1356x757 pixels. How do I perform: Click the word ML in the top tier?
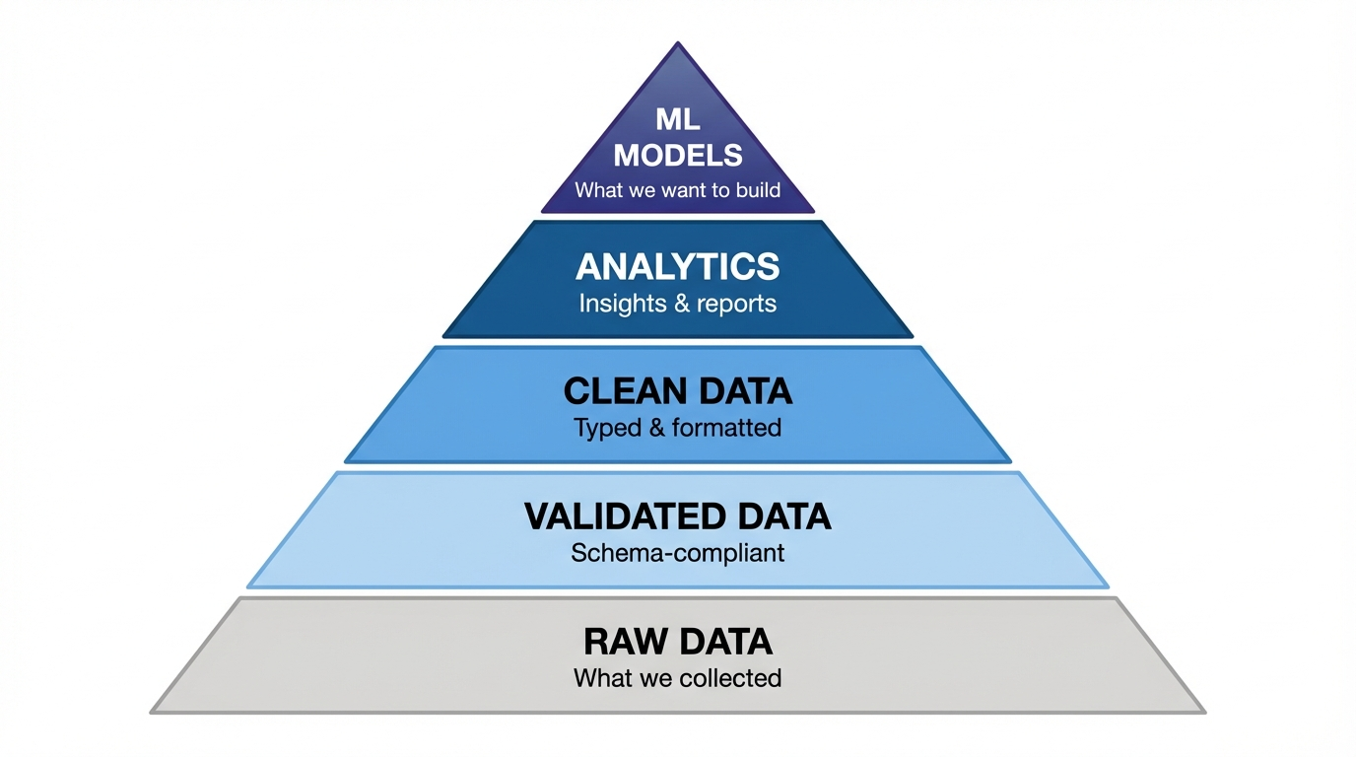point(677,120)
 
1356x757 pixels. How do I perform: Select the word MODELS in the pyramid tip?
point(677,155)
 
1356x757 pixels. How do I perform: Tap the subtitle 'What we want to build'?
point(677,190)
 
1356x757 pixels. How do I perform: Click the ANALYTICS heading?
point(677,267)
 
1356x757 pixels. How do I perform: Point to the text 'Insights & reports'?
point(677,304)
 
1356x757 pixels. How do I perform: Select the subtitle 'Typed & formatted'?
point(677,428)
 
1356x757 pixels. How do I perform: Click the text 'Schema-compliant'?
point(677,553)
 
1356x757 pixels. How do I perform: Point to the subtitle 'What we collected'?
point(677,678)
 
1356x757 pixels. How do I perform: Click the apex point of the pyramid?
point(678,43)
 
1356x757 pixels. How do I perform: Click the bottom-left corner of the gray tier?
point(153,712)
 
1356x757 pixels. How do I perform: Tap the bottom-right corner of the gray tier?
point(1203,712)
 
